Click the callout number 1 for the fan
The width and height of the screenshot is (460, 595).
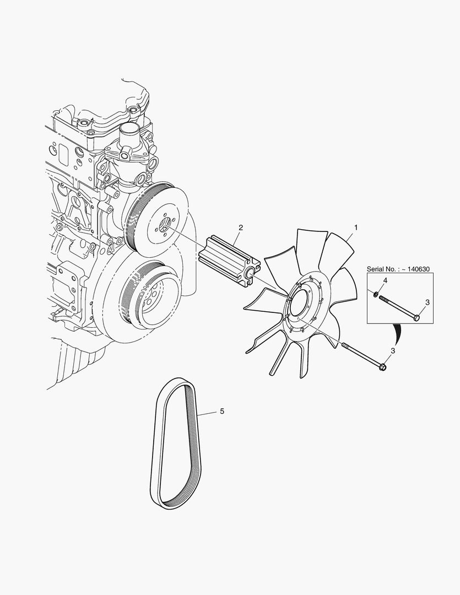click(356, 228)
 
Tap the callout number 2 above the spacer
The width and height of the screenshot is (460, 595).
click(241, 228)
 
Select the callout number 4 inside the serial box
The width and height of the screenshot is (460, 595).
click(385, 280)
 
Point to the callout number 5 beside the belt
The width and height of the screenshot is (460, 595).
click(222, 411)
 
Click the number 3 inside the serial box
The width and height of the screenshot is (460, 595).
click(427, 302)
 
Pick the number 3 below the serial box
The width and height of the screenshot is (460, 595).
click(393, 350)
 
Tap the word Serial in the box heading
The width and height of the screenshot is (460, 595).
click(375, 269)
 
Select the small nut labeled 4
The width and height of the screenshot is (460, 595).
click(375, 294)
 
